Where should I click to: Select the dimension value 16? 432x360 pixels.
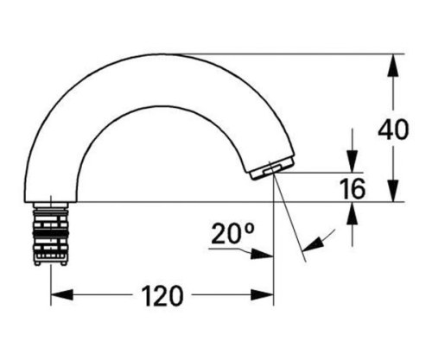(x=353, y=187)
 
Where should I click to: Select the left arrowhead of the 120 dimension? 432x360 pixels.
(x=57, y=296)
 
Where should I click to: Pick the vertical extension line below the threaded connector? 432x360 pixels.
(x=49, y=285)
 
